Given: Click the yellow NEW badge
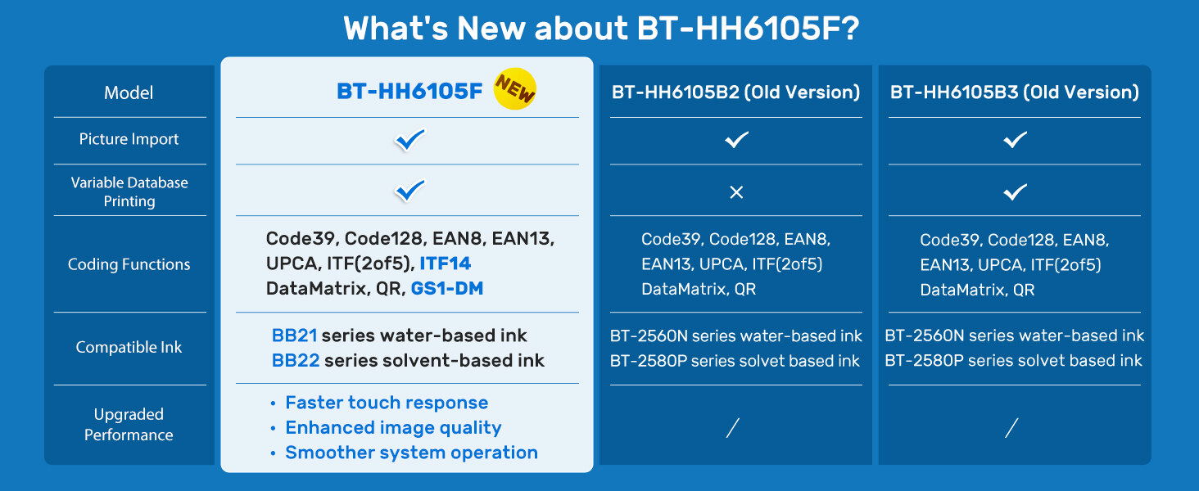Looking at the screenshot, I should (514, 89).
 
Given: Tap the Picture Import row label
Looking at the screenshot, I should (129, 139).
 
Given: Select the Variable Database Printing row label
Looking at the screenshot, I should (129, 191).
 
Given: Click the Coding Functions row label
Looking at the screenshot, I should (129, 264).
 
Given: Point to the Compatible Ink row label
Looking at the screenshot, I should (129, 347).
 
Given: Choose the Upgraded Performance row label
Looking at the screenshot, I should (129, 425).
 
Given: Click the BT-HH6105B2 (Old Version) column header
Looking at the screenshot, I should (735, 92).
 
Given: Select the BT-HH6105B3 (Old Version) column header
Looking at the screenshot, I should (1014, 92).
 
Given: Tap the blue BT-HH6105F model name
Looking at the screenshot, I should (409, 92).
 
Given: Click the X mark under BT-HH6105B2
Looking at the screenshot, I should (735, 192).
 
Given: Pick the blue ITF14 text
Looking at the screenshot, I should (445, 264).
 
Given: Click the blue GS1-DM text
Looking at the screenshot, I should (446, 288).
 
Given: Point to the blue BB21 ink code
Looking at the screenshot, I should (294, 336).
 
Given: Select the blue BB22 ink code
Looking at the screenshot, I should (295, 360).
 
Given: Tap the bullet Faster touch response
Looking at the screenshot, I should (386, 403).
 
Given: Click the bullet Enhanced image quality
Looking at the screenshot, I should (392, 427).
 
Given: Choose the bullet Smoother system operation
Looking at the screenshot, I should (411, 453).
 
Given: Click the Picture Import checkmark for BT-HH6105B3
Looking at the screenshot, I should (1015, 140).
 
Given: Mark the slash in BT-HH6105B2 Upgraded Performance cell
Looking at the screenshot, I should (733, 427).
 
